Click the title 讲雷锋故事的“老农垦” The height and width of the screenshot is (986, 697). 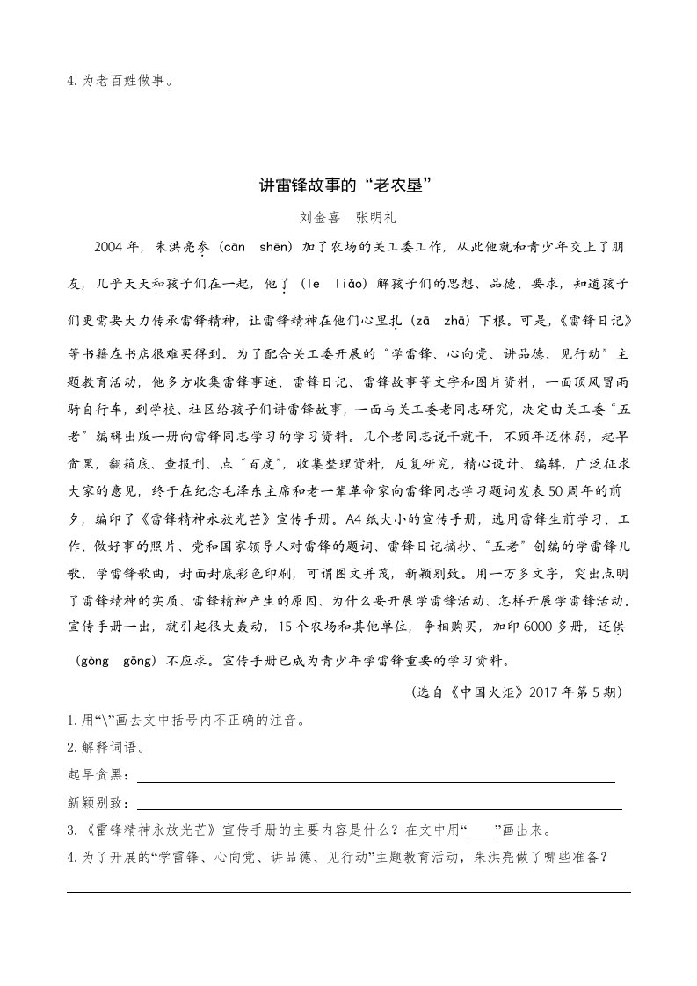348,185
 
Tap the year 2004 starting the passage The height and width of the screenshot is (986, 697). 108,248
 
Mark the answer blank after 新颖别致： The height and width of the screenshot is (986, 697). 380,807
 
